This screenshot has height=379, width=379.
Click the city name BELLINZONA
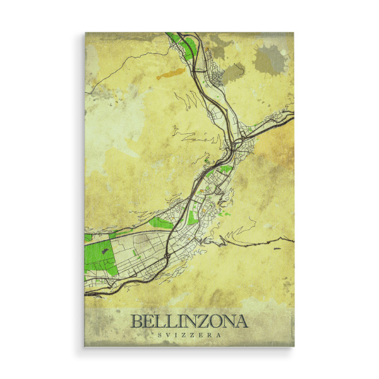click(x=189, y=322)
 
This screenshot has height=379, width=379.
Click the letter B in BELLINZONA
click(x=136, y=322)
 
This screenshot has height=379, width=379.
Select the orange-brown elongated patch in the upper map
click(x=169, y=74)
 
